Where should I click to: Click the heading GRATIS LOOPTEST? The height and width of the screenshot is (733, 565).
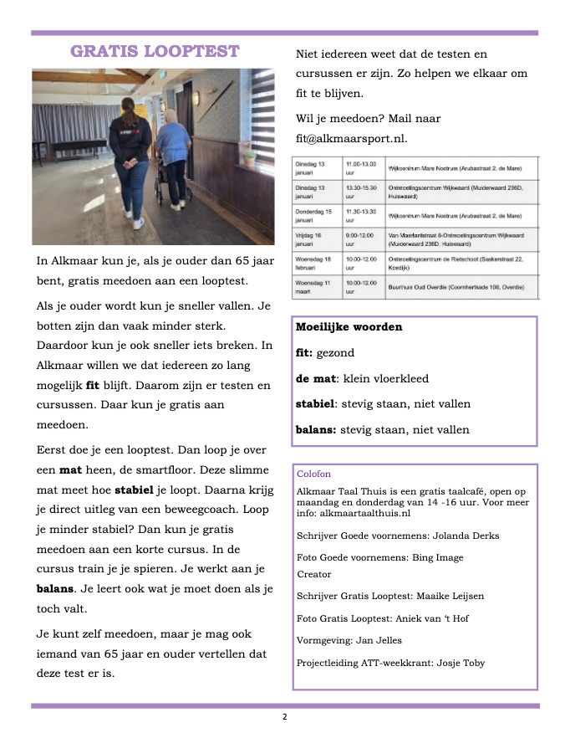tap(155, 51)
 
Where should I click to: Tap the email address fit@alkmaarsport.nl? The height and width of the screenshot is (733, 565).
tap(351, 138)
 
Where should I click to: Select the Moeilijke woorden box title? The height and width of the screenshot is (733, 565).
tap(349, 327)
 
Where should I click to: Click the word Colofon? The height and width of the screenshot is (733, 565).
tap(313, 474)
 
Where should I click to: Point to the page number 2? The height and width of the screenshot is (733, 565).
tap(284, 717)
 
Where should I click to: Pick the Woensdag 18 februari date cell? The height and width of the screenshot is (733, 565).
tap(316, 264)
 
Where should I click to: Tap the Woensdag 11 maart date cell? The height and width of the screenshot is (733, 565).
tap(316, 288)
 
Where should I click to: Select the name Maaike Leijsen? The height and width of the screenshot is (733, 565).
tap(453, 596)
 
